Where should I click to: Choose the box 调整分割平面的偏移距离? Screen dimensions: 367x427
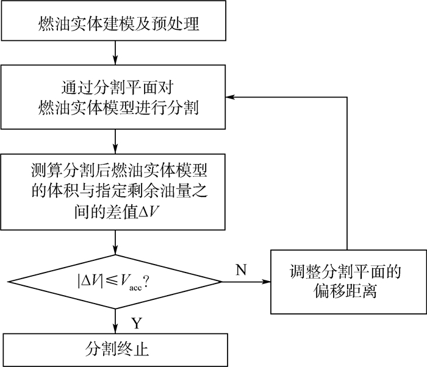347,282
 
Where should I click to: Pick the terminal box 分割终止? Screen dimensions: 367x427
114,350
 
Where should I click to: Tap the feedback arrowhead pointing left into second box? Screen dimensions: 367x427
229,96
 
